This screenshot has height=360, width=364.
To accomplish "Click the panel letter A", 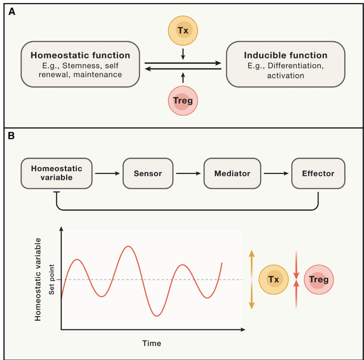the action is [x=12, y=11].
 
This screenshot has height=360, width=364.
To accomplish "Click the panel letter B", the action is [x=11, y=136].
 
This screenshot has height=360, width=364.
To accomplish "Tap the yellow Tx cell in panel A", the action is [x=183, y=30].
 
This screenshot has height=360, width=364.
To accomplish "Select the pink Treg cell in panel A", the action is [x=183, y=100].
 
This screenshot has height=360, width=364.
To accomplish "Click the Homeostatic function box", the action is [x=81, y=64].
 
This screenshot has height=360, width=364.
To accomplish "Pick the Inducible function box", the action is [x=286, y=64].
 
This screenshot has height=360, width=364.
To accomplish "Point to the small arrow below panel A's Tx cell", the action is [x=183, y=54].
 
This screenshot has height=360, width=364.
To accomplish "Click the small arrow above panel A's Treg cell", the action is [x=183, y=78].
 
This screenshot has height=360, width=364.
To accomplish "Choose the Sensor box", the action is [x=148, y=174].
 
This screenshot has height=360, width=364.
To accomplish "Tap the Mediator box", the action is [x=232, y=174].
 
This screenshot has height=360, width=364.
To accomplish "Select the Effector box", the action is [x=318, y=174].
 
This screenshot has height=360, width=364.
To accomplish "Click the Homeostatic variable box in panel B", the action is [x=56, y=174].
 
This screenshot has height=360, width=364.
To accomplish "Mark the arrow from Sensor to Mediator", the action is [x=188, y=173].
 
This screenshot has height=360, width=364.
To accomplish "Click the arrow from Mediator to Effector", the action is [x=276, y=173].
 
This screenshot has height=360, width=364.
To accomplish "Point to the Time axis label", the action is [x=152, y=343].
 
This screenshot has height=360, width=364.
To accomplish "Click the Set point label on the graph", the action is [x=51, y=280].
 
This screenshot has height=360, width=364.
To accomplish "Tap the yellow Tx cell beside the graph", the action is [x=273, y=280].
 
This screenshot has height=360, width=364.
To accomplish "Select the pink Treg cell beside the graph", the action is [x=319, y=280].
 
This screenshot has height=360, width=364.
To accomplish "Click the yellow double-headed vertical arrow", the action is [x=252, y=280].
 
